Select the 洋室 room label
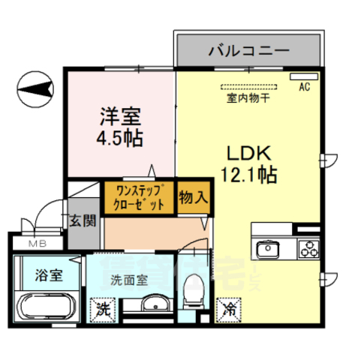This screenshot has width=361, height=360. pos(120,117)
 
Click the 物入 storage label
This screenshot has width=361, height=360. pos(193,197)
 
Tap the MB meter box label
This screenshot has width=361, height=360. pos(37,243)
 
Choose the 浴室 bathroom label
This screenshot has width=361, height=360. pos(47,273)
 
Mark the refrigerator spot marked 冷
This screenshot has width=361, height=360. pos(228,307)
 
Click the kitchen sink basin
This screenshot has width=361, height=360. pos(268,249)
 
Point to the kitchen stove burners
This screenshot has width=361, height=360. pos(308,248)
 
